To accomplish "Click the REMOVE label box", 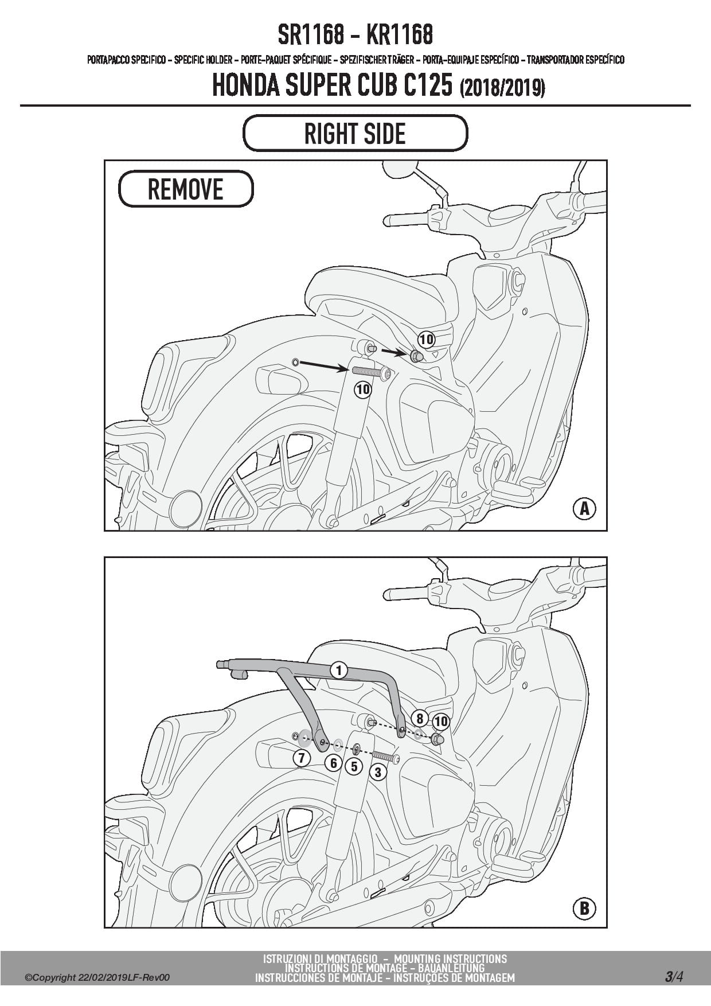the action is click(x=186, y=189).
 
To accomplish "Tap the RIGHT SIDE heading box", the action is click(x=355, y=133).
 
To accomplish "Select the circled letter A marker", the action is click(x=584, y=508).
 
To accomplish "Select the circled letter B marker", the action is click(x=584, y=908).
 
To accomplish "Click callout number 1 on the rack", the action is click(x=339, y=670).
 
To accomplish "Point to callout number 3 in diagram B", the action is click(x=377, y=772).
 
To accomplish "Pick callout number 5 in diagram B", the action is click(x=354, y=766).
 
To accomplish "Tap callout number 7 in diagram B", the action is click(x=302, y=758).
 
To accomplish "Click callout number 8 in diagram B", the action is click(x=420, y=719).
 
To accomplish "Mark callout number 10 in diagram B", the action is click(x=441, y=721).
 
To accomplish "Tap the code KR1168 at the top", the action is click(x=399, y=35).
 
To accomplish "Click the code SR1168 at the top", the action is click(x=311, y=35).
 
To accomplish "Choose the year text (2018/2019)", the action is click(x=502, y=88).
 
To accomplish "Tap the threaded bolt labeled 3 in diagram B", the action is click(x=384, y=757).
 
